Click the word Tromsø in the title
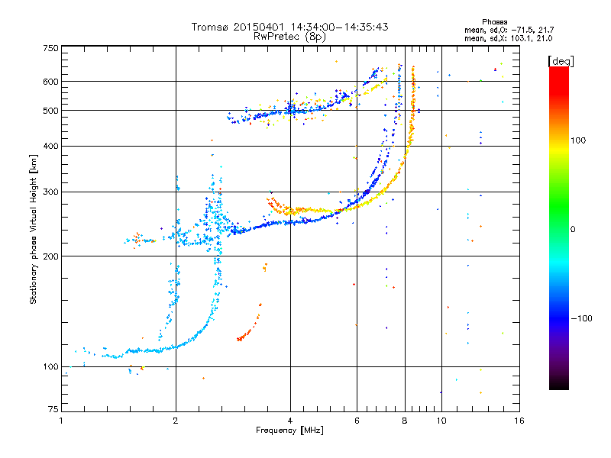211,27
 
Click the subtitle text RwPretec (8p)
289,37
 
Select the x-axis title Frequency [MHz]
289,431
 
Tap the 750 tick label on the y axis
50,48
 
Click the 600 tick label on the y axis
50,82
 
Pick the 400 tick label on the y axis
50,147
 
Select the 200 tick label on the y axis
50,256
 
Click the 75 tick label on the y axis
53,409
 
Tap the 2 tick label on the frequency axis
176,421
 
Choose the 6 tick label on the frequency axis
357,421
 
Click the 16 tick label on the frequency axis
519,421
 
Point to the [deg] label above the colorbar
561,61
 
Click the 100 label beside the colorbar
578,140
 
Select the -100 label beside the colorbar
581,318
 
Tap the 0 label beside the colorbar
573,230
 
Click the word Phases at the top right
494,22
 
